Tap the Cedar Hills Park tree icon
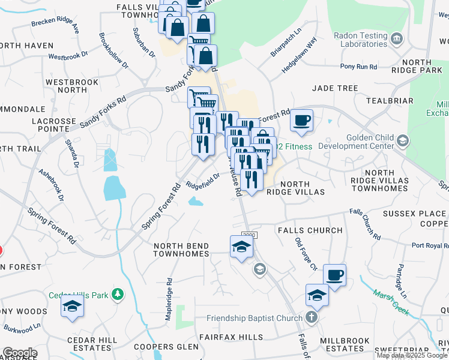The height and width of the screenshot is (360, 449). [x=119, y=294]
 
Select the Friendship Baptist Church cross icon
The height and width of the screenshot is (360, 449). [x=311, y=317]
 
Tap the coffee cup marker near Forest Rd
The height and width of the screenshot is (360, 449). [x=302, y=120]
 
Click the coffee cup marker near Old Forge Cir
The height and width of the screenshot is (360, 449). [x=335, y=275]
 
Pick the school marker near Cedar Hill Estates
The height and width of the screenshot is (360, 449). [x=72, y=305]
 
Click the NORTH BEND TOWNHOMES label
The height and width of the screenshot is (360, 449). [x=181, y=250]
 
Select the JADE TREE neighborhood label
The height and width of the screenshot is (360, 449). [x=335, y=88]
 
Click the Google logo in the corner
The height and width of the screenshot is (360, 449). [x=19, y=353]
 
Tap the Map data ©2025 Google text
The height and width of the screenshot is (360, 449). [x=412, y=355]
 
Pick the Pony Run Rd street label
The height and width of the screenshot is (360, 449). [x=358, y=67]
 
